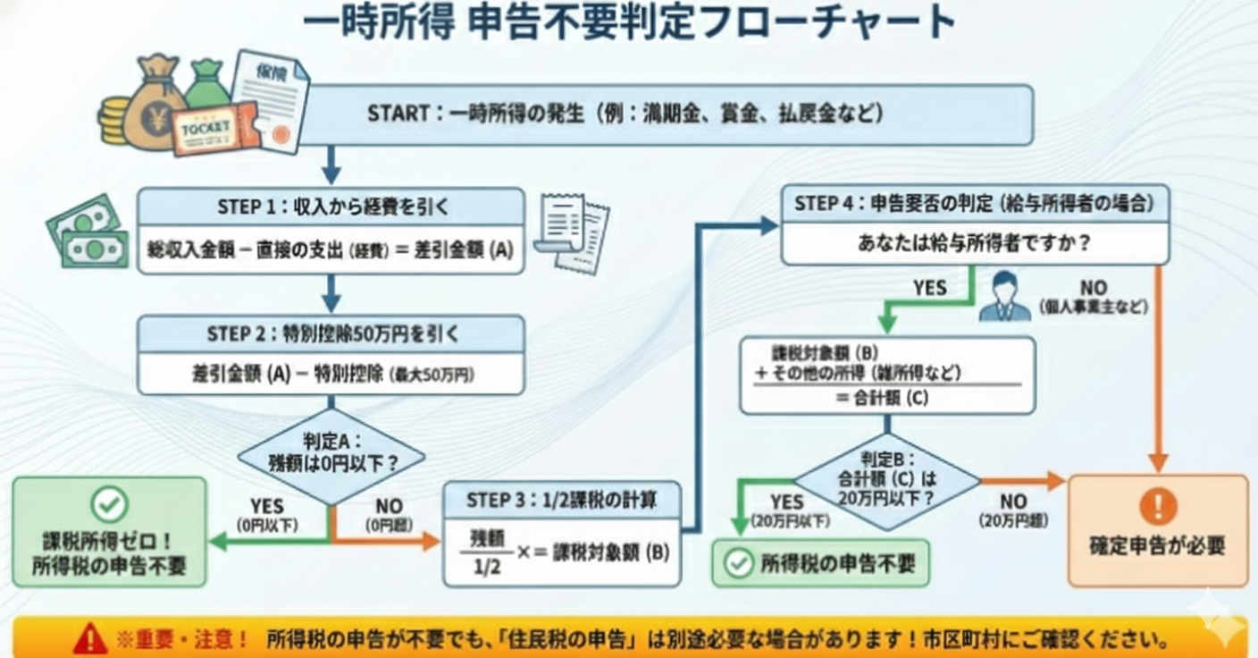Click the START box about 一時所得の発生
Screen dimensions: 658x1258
[625, 114]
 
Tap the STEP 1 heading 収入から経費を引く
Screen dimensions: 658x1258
[331, 207]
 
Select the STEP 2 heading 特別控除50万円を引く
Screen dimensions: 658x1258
[331, 334]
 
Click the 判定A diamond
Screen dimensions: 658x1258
[331, 455]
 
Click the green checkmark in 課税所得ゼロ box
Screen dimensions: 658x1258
[109, 505]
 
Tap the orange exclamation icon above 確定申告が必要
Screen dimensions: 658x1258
[1158, 507]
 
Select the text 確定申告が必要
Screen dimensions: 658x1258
[1158, 545]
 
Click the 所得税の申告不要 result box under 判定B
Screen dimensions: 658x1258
[820, 563]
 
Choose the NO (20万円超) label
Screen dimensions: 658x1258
[1013, 510]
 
